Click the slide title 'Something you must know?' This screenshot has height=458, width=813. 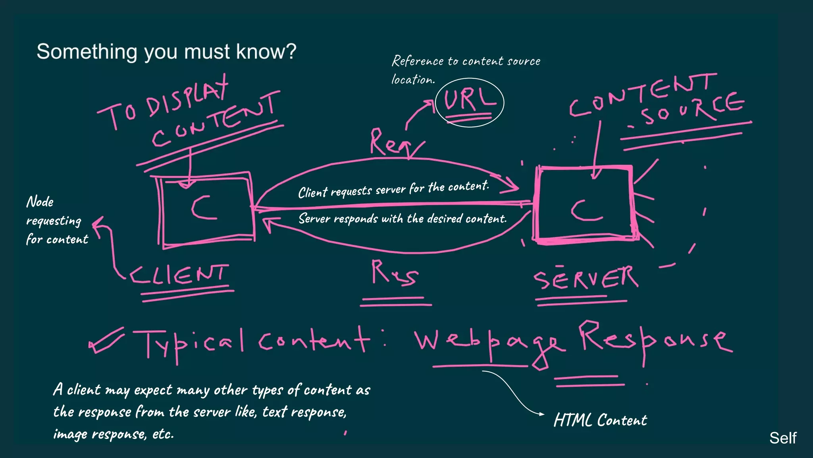click(x=166, y=52)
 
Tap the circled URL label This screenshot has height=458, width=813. click(x=469, y=101)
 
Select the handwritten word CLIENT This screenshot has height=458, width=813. click(x=179, y=275)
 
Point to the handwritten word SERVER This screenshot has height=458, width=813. click(x=586, y=278)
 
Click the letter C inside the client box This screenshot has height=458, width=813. click(x=204, y=208)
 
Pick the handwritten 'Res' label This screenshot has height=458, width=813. click(x=394, y=273)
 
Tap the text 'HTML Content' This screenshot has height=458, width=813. click(x=600, y=420)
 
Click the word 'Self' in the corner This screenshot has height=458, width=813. click(x=782, y=438)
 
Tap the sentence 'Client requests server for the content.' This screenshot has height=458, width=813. click(x=393, y=190)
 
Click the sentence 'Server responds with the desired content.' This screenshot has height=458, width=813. click(x=402, y=219)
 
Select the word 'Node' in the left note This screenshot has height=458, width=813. click(x=40, y=202)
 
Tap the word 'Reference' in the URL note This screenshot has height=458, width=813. click(x=418, y=61)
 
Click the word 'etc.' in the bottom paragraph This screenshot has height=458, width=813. click(x=163, y=434)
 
